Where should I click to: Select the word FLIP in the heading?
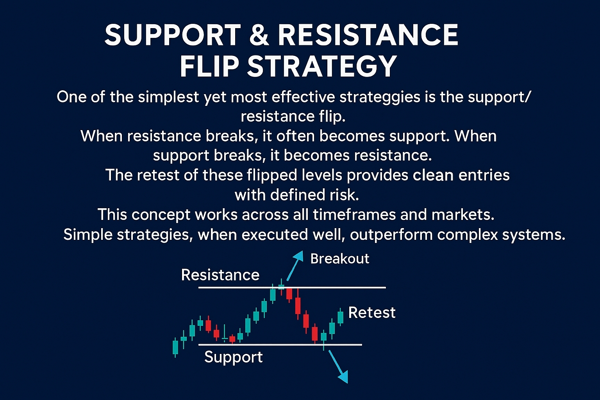[x=209, y=66]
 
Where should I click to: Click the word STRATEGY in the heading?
[x=322, y=66]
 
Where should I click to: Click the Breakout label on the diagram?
[x=339, y=259]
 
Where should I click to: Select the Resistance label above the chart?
[x=220, y=275]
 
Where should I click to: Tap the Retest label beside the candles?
[x=371, y=312]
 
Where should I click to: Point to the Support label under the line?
[x=233, y=357]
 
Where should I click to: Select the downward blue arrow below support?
[x=338, y=367]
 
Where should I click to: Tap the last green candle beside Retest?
[x=340, y=317]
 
